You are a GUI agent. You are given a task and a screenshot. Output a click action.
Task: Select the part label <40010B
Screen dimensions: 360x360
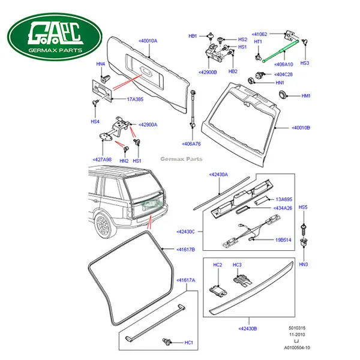[301, 127]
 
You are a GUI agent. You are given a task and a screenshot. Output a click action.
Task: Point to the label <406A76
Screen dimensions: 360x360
[191, 144]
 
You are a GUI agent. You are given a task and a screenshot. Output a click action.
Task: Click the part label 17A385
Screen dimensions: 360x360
[134, 99]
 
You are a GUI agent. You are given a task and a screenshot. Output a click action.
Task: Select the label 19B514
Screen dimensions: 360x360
[283, 239]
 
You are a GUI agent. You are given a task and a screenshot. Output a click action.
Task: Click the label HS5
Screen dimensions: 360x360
[304, 207]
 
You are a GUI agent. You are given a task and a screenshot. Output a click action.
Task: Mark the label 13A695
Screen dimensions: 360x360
[283, 199]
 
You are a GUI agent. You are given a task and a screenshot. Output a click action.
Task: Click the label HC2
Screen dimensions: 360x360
[218, 265]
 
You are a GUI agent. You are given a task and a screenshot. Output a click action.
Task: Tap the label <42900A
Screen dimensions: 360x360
[148, 124]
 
